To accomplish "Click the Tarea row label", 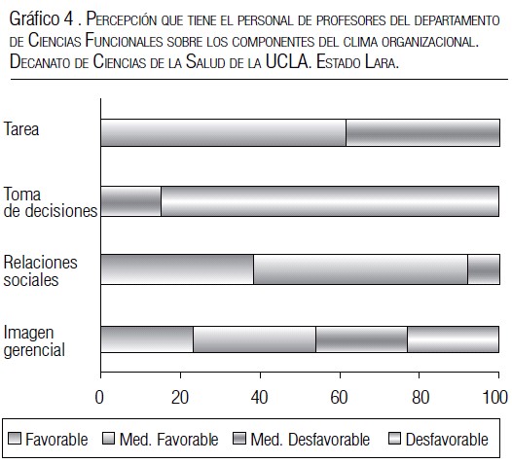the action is point(21,129).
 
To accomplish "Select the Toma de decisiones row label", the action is point(51,202).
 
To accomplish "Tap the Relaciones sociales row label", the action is point(40,271).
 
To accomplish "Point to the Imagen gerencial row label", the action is point(34,341).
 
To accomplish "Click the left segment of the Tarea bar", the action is point(223,132).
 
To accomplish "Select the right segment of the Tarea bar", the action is point(422,132).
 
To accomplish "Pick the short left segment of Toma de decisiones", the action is point(131,201).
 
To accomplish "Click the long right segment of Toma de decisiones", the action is point(330,201).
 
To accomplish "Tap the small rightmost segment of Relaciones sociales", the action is point(484,269).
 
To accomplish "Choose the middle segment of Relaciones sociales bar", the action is point(360,269).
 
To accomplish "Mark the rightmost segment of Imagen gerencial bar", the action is point(454,339).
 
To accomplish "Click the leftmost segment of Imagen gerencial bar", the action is point(147,339).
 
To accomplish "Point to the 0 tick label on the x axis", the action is point(99,397).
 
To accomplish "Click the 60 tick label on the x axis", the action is point(339,397).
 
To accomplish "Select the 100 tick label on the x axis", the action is point(495,397).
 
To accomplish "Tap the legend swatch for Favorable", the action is point(15,439).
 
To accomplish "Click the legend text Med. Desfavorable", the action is point(310,440).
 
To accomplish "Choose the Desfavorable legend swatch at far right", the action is point(394,439).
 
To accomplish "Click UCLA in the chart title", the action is point(287,61).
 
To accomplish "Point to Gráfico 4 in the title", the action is point(42,18).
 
